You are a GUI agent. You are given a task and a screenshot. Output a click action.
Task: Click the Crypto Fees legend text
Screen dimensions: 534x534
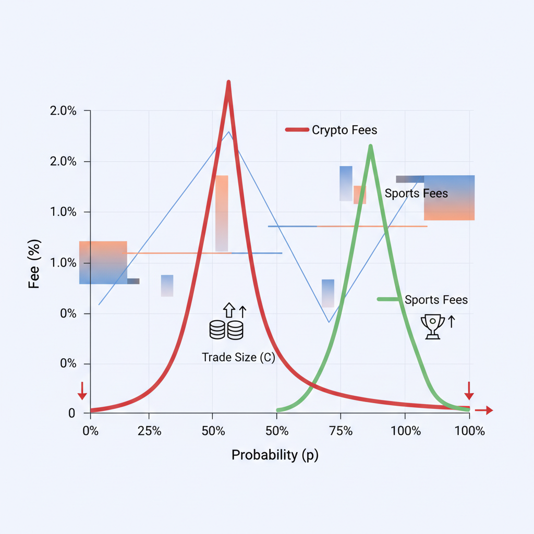click(x=344, y=130)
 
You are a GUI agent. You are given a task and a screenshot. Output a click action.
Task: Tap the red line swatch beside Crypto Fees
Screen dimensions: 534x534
click(x=297, y=130)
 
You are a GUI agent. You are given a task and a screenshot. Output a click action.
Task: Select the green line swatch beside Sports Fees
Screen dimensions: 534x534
click(x=390, y=299)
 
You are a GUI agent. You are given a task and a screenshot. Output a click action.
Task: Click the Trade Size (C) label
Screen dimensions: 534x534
click(x=238, y=357)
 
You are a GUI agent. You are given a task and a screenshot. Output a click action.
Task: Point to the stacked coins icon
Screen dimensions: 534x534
click(x=226, y=330)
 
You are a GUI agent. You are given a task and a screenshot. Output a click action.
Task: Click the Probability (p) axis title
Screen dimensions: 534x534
click(x=275, y=455)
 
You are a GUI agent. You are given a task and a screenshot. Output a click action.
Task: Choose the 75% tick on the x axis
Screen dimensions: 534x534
click(x=341, y=431)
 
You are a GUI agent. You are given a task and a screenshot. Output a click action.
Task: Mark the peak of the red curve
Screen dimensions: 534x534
click(x=228, y=82)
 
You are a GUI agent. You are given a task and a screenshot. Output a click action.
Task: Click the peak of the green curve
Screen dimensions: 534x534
click(x=370, y=145)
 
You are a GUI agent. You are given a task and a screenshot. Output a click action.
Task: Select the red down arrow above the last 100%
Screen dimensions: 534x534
click(x=469, y=390)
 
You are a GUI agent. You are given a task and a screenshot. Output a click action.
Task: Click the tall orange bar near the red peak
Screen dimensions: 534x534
click(x=222, y=213)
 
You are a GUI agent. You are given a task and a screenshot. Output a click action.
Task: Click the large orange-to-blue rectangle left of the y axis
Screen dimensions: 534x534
click(x=103, y=262)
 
